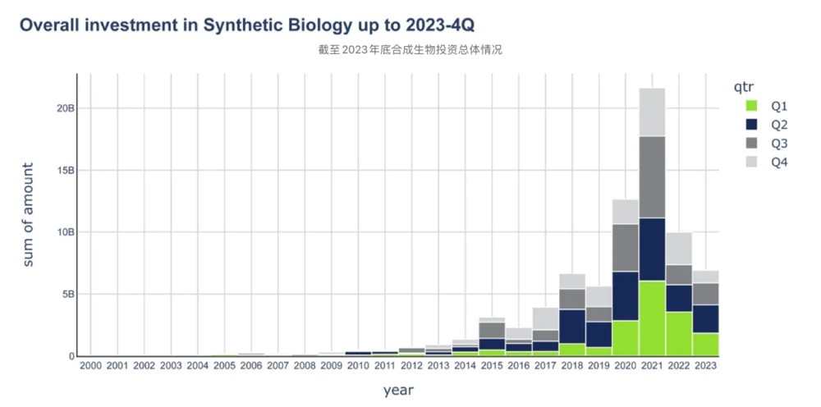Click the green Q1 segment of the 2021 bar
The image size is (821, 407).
pyautogui.click(x=652, y=318)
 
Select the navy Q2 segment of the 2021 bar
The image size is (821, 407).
pyautogui.click(x=652, y=249)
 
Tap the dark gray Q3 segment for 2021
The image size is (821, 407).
pyautogui.click(x=652, y=176)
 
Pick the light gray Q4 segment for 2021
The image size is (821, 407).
pyautogui.click(x=652, y=112)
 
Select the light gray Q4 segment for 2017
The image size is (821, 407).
pyautogui.click(x=544, y=318)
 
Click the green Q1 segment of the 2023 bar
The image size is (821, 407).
pyautogui.click(x=705, y=344)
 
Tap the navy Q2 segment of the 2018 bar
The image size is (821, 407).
pyautogui.click(x=571, y=326)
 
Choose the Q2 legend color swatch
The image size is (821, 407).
pyautogui.click(x=751, y=124)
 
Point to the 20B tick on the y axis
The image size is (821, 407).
pyautogui.click(x=66, y=108)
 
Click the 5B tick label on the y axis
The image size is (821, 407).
pyautogui.click(x=68, y=294)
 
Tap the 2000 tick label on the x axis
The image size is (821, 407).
pyautogui.click(x=90, y=366)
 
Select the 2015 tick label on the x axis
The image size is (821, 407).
pyautogui.click(x=492, y=366)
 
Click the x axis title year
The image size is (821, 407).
pyautogui.click(x=398, y=390)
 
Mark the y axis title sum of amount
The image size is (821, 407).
pyautogui.click(x=28, y=215)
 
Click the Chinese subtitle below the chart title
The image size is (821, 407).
pyautogui.click(x=410, y=50)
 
